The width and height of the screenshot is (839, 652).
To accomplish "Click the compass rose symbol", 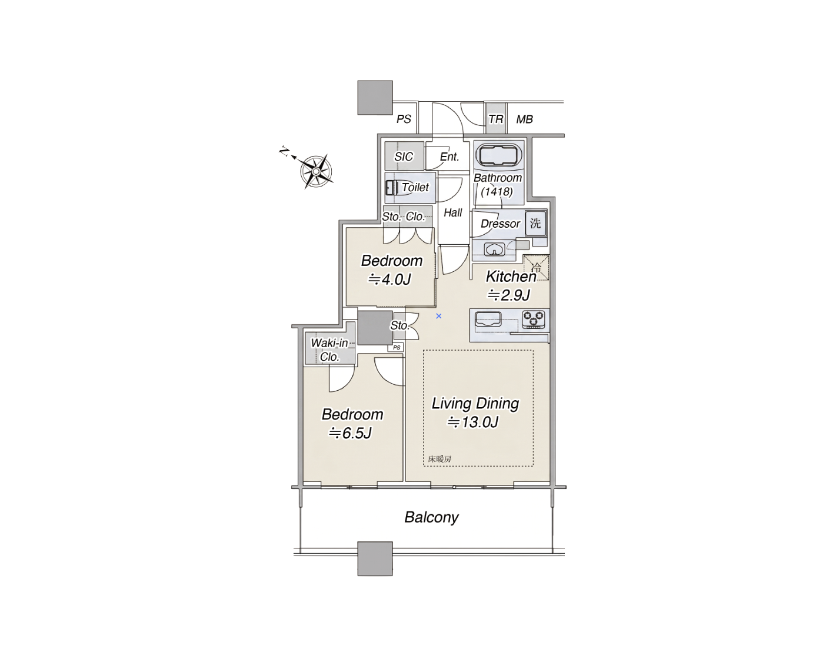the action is click(x=316, y=171).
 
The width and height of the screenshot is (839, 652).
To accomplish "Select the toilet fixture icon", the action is click(x=392, y=188).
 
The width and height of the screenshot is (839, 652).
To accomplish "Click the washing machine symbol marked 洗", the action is click(x=535, y=223).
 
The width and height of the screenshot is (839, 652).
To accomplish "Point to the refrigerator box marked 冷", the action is click(x=536, y=267).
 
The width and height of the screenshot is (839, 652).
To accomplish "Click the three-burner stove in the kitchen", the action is click(x=533, y=320).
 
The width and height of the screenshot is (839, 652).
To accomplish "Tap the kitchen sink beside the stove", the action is click(x=488, y=320).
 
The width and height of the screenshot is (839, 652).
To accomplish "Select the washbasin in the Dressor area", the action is click(x=494, y=249).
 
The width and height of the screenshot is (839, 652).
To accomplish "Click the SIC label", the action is click(x=404, y=157).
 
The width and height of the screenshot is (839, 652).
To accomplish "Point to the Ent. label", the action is click(x=450, y=157).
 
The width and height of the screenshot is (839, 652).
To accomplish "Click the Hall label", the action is click(x=453, y=212).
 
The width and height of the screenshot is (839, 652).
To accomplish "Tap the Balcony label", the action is click(x=431, y=517).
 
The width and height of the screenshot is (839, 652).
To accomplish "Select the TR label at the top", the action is click(x=496, y=119).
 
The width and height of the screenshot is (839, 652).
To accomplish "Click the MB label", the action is click(x=525, y=119).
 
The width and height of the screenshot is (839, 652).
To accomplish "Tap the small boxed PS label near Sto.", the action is click(x=397, y=347).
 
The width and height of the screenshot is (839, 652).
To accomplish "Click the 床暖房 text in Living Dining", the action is click(x=440, y=459).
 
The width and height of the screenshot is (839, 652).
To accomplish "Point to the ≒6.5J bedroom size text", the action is click(x=350, y=433).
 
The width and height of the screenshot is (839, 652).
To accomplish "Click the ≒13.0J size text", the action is click(x=472, y=422).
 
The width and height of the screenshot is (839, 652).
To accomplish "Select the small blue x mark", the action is click(x=438, y=316).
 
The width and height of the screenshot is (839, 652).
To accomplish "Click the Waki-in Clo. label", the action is click(x=329, y=350).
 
